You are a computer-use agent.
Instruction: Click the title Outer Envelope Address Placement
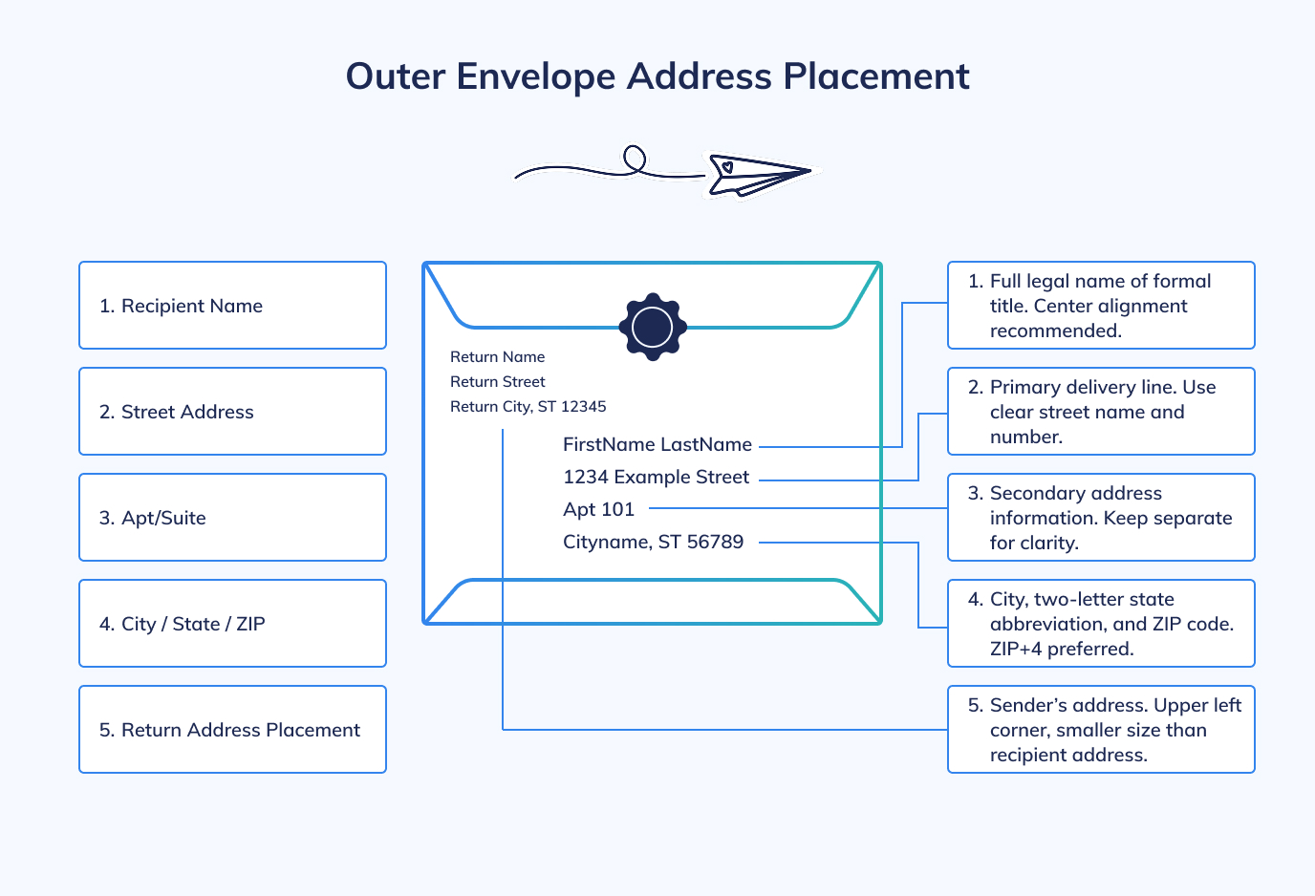[657, 76]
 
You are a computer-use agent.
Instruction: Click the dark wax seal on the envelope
[653, 327]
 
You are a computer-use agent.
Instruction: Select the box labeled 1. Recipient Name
[232, 306]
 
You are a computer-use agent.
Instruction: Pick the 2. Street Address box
[232, 412]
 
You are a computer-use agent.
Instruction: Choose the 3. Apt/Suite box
[232, 518]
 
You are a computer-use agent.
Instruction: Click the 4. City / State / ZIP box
[232, 624]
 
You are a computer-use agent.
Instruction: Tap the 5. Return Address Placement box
[232, 730]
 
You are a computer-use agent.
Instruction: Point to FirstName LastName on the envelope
[657, 444]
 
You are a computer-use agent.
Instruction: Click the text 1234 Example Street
[656, 477]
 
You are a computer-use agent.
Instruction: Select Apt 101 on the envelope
[598, 509]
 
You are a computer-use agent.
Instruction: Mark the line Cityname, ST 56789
[653, 542]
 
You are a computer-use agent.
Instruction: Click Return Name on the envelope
[497, 357]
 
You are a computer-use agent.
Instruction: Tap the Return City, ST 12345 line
[528, 407]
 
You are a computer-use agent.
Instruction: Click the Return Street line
[497, 382]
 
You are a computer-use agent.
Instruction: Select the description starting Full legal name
[1101, 306]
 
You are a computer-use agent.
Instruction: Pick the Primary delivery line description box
[1101, 412]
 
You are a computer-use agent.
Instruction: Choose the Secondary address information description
[1101, 518]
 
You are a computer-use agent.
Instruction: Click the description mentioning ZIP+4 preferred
[1101, 624]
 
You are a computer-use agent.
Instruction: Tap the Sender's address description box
[1101, 730]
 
